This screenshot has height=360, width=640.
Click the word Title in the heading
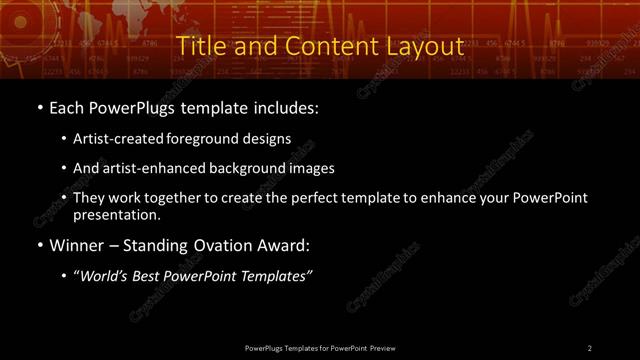click(198, 46)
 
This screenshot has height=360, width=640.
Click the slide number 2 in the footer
click(589, 347)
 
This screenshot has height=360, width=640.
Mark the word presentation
click(116, 214)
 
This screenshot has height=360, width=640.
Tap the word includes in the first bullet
click(289, 107)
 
